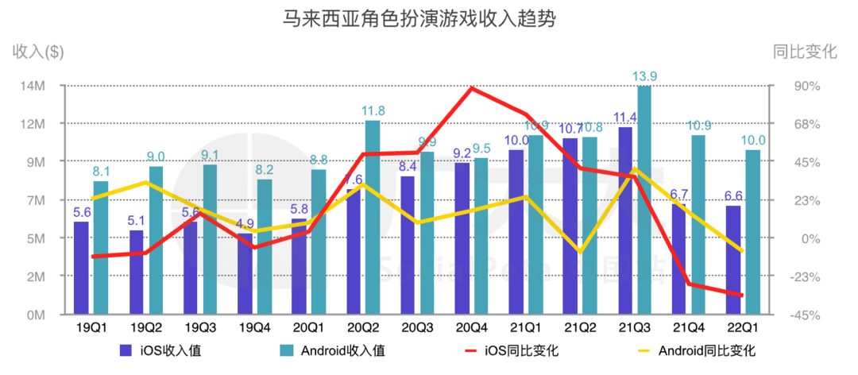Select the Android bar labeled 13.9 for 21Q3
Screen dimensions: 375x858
[644, 199]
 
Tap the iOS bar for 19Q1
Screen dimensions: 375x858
[81, 268]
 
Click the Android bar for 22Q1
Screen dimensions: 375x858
[753, 232]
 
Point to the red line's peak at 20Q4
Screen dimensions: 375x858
[472, 87]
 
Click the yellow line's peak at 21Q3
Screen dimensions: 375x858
[635, 169]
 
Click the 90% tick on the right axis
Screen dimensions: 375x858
[802, 86]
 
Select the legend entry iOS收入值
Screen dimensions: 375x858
[164, 351]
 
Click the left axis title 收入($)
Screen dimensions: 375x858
[38, 52]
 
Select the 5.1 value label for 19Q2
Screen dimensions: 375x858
[137, 220]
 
